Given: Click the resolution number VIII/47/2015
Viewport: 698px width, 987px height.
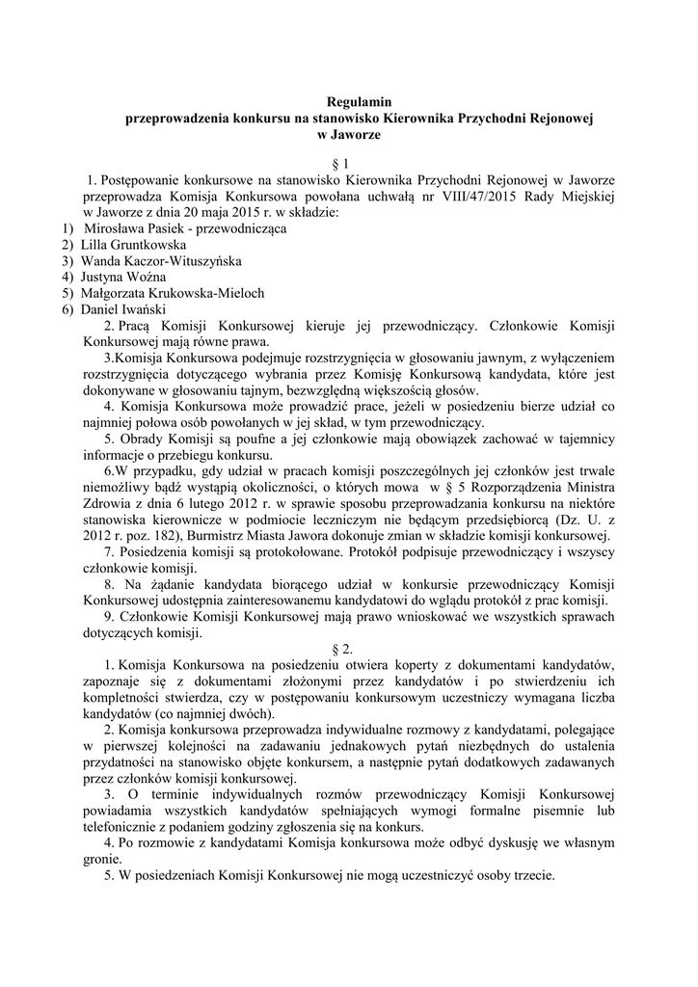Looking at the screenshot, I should click(x=516, y=196).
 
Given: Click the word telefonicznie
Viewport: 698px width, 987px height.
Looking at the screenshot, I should click(x=125, y=828).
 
